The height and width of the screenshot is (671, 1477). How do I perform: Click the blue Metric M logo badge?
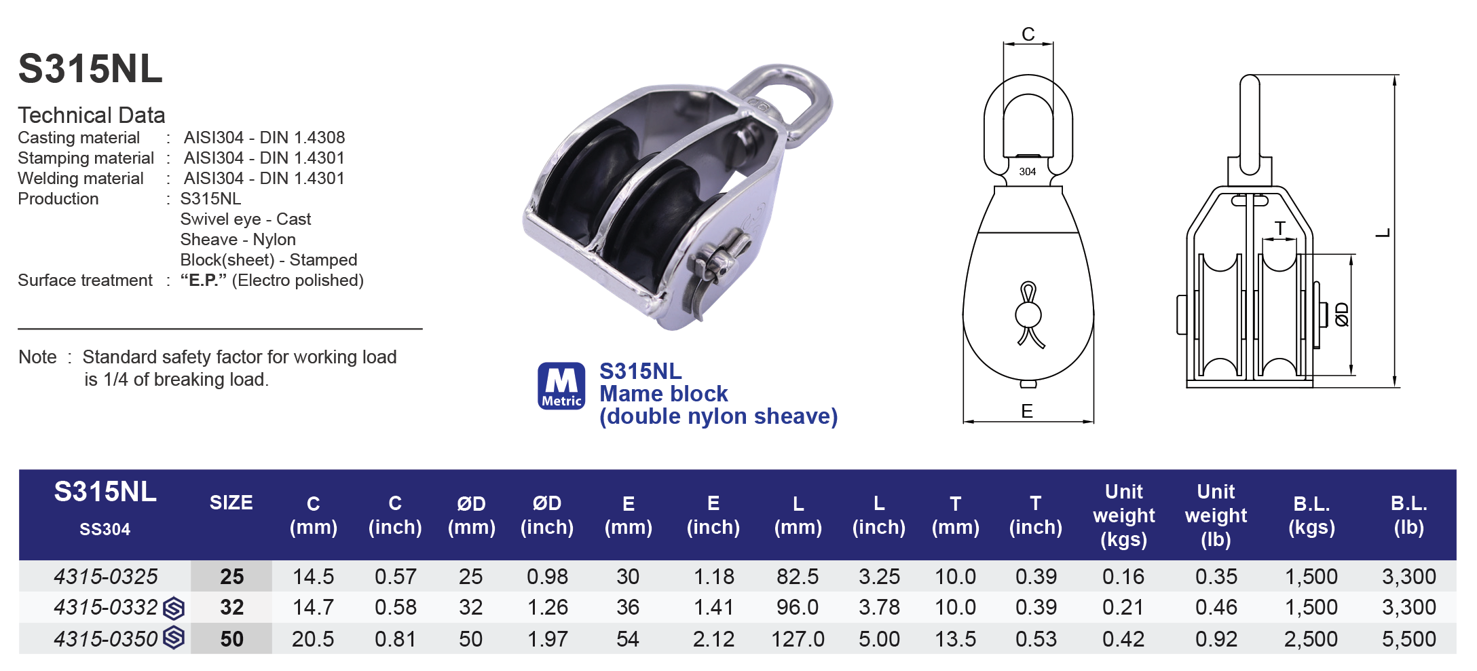coord(561,386)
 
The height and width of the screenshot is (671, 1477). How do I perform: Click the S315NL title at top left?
coord(90,69)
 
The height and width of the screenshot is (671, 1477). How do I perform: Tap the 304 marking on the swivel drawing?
coord(1027,172)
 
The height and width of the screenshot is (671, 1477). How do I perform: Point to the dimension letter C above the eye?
coord(1028,35)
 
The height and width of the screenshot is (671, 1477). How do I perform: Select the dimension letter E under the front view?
coord(1027,412)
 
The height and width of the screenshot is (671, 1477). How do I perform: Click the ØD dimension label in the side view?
coord(1342,314)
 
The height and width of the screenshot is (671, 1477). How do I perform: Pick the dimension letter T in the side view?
coord(1279,228)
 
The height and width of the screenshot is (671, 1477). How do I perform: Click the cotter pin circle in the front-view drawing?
coord(1028,315)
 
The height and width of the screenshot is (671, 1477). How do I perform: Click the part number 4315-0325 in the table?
coord(105,577)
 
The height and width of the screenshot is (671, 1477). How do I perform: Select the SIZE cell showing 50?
coord(231,639)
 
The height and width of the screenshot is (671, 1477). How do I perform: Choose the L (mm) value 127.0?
coord(798,639)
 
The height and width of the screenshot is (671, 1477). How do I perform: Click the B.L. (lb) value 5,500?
coord(1408,639)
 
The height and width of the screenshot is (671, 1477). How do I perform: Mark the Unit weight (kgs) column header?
coord(1123,515)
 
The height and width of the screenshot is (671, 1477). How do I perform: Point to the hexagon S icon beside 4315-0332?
coord(174,608)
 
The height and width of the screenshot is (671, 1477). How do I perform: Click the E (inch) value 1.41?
coord(713,607)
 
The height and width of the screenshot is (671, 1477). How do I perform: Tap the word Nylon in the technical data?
coord(274,240)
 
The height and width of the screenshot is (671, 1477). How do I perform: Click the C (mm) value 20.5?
coord(313,639)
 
